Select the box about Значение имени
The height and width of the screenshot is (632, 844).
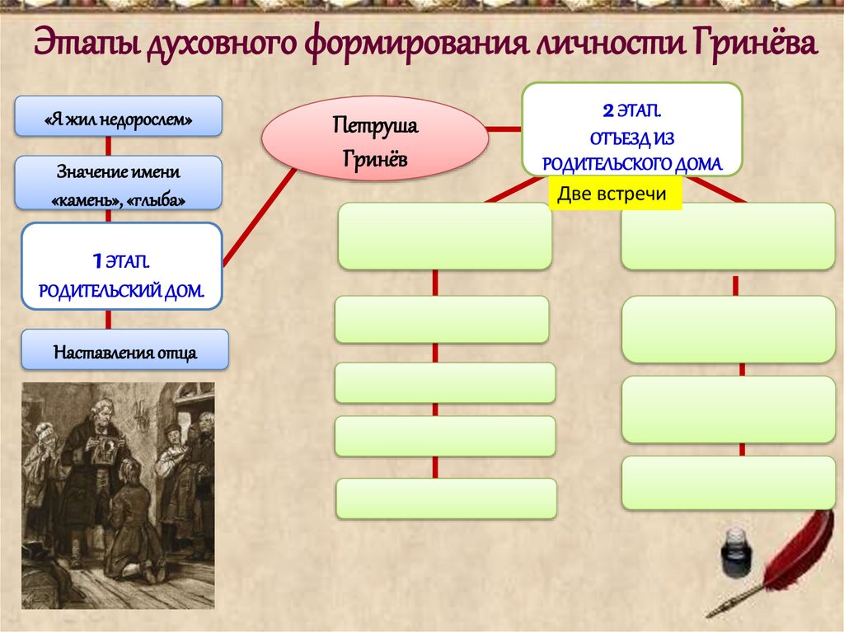(120, 183)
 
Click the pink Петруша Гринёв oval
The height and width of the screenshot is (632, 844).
(375, 139)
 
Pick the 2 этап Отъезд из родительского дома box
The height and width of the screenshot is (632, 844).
(632, 129)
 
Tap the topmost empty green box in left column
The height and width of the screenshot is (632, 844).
(444, 236)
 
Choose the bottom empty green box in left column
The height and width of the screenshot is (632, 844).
(446, 499)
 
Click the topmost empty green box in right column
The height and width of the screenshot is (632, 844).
(728, 236)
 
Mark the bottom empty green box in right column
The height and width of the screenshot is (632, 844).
(728, 482)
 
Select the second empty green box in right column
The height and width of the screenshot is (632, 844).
(728, 330)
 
